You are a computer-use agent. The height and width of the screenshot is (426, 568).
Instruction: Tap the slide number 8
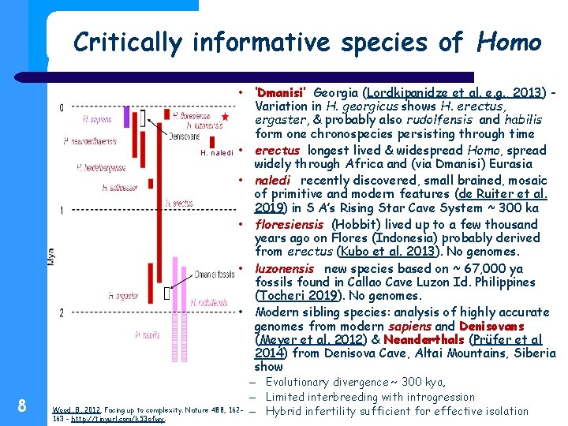[x=22, y=406]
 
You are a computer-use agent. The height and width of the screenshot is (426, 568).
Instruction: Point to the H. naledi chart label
[x=218, y=151]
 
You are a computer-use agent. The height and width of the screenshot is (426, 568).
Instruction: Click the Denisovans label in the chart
[x=185, y=136]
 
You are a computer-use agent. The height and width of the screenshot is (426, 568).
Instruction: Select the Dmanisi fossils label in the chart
[x=215, y=274]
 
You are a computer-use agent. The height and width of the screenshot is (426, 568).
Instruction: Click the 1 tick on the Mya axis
[x=62, y=211]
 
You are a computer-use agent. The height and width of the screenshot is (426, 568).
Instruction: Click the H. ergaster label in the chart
[x=125, y=295]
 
